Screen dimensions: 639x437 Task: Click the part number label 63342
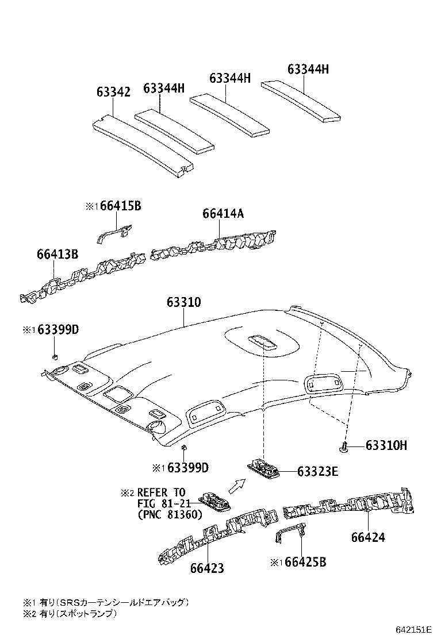tap(113, 92)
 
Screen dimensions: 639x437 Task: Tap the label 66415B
tap(120, 206)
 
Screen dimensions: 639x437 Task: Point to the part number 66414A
tap(223, 214)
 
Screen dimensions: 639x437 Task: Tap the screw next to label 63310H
tap(344, 447)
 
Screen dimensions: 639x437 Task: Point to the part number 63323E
tap(318, 472)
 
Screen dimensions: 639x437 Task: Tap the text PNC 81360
tap(170, 515)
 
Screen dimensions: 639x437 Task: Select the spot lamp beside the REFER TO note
tap(216, 502)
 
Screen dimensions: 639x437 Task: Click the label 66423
tap(207, 568)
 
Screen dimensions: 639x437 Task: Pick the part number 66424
tap(368, 537)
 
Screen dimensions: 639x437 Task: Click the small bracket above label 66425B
tap(289, 534)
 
